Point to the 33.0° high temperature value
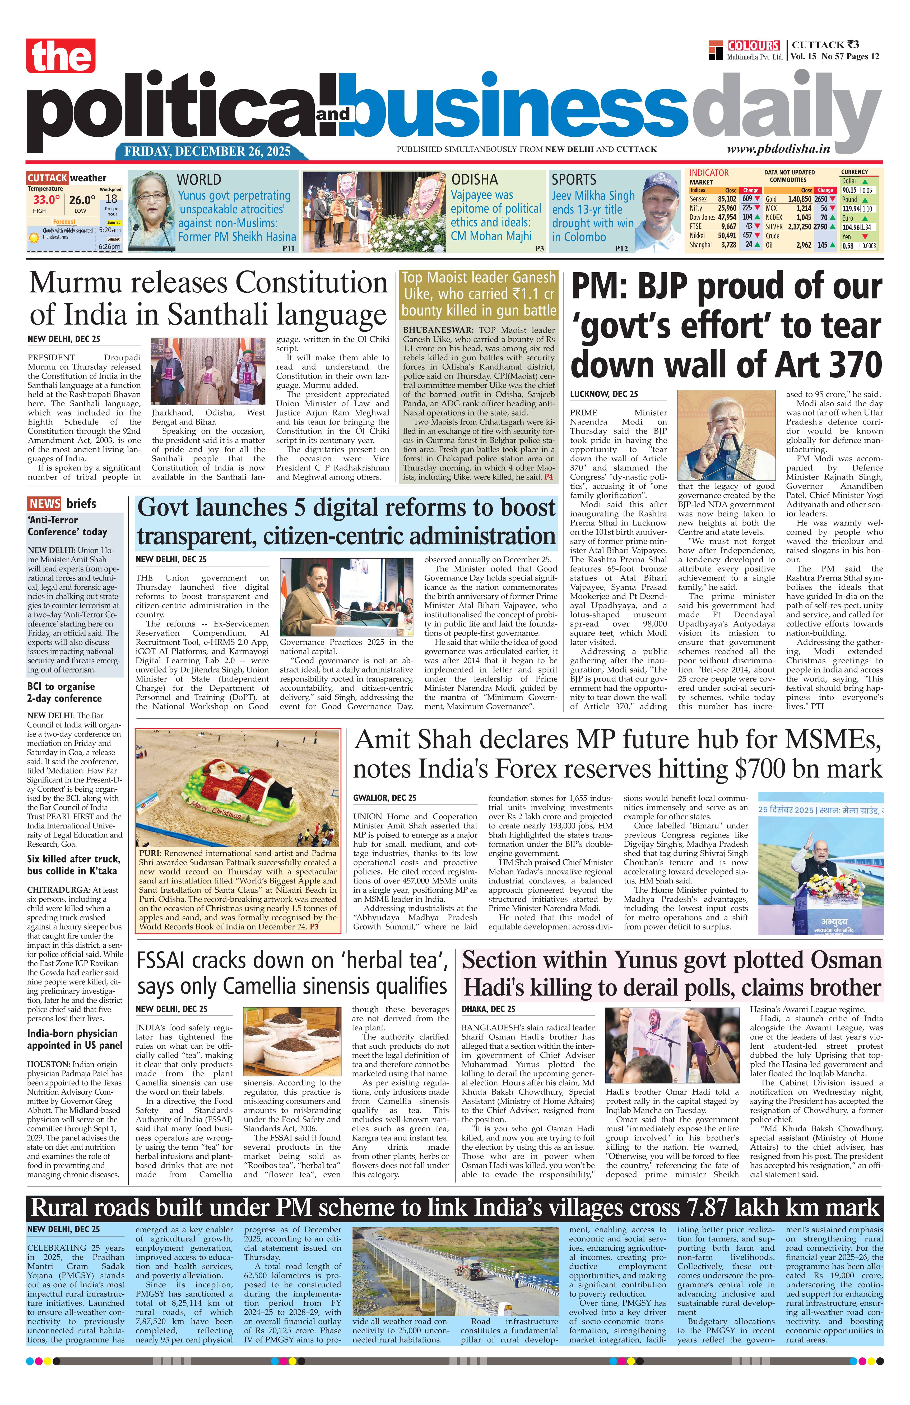[46, 200]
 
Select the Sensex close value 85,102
[727, 199]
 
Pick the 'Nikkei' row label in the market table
[699, 235]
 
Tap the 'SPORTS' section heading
[574, 179]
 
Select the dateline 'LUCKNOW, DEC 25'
[604, 394]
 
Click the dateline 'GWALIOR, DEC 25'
[385, 798]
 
